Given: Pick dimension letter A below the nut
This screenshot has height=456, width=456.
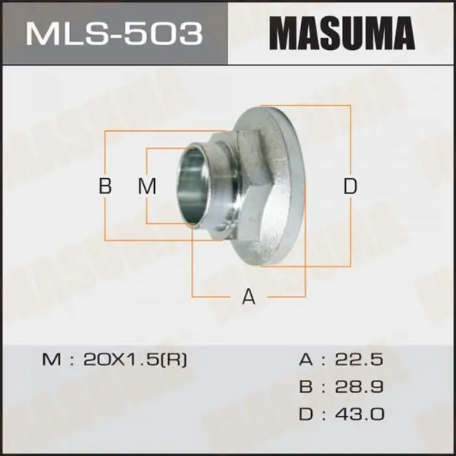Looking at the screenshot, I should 248,297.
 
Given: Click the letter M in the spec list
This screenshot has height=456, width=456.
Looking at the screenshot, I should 50,359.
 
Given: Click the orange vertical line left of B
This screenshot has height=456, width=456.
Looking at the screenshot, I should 106,154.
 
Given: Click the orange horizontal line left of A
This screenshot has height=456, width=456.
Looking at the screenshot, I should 216,297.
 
